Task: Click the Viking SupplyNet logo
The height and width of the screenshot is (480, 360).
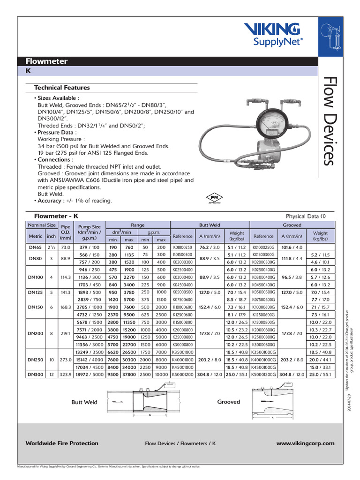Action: coord(276,34)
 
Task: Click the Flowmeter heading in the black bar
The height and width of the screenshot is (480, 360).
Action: coord(47,61)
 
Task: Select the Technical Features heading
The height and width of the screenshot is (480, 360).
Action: coord(62,88)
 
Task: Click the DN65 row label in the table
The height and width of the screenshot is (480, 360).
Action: coord(36,247)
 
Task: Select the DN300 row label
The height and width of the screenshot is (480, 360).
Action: coord(36,375)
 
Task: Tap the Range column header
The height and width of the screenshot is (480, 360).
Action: coord(137,225)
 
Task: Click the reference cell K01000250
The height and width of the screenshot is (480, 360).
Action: coord(183,247)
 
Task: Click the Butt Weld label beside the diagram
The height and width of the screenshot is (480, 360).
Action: coord(84,402)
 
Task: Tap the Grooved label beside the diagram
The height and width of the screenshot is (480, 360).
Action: coord(228,402)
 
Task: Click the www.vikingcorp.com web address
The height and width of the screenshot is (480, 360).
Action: coord(305,443)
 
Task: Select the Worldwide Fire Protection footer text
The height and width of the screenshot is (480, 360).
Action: coord(62,443)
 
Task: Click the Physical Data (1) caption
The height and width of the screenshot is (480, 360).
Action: coord(306,216)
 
